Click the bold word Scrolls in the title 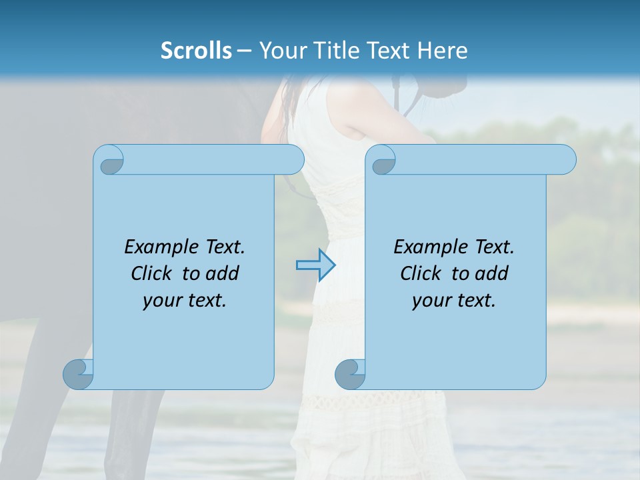pos(196,51)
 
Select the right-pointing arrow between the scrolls pos(315,265)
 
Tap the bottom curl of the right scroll pos(350,374)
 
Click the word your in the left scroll pos(161,301)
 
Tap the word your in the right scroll pos(430,301)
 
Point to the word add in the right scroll pos(492,273)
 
